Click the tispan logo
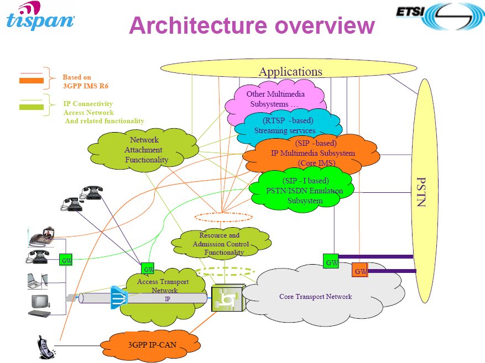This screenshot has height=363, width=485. [x=40, y=17]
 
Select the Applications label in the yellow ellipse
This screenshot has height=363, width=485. [x=290, y=72]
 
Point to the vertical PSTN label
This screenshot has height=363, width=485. [x=421, y=191]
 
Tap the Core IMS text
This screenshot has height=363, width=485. [x=316, y=163]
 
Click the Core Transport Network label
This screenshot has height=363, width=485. [x=315, y=297]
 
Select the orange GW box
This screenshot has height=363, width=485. [x=360, y=271]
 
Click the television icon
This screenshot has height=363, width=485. [x=40, y=302]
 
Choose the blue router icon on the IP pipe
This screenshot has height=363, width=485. [x=118, y=297]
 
